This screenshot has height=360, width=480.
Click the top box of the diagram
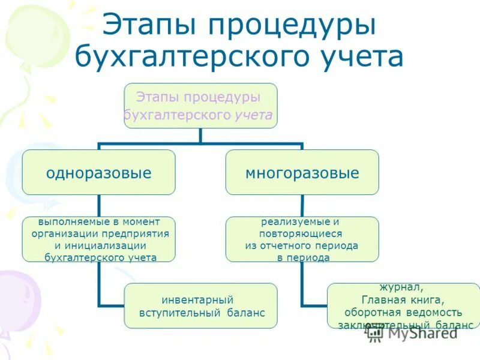[200, 106]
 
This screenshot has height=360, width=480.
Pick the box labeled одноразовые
[99, 173]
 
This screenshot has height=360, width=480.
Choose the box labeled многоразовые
[302, 173]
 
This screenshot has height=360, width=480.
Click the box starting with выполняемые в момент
[99, 239]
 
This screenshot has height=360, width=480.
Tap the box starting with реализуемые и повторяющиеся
[302, 239]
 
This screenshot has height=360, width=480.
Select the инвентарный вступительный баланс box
[200, 306]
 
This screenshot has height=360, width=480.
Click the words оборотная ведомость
[403, 313]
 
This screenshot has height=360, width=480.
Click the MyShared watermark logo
[414, 334]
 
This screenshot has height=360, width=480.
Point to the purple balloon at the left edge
[15, 300]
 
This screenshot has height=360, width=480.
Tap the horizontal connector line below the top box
[200, 144]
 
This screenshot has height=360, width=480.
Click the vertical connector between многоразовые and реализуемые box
[302, 205]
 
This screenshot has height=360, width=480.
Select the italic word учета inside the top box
[253, 114]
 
